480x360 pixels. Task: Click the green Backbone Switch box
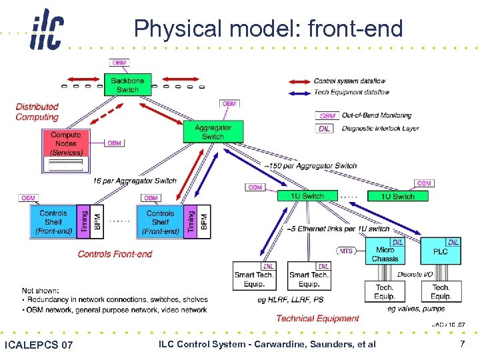tap(127, 85)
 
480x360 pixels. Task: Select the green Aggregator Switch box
tap(213, 132)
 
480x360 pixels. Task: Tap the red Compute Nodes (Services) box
tap(65, 143)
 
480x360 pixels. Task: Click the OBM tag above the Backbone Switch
tap(119, 63)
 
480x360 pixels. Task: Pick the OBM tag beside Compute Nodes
tap(114, 143)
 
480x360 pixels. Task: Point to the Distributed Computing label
tap(37, 112)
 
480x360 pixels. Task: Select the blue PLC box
tap(440, 252)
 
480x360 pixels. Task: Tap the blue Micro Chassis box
tap(385, 254)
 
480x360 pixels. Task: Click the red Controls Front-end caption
tap(115, 254)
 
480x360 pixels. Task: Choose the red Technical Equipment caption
tap(317, 319)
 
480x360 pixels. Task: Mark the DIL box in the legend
tap(325, 129)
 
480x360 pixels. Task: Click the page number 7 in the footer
tap(462, 344)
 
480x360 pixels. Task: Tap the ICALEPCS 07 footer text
tap(39, 345)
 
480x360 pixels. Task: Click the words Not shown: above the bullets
tap(41, 291)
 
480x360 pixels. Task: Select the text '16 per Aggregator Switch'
tap(135, 181)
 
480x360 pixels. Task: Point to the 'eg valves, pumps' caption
tap(416, 309)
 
